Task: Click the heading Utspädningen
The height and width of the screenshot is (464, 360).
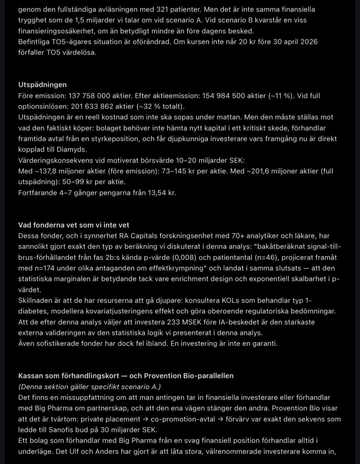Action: (42, 85)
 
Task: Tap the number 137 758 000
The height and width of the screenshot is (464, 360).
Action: (89, 96)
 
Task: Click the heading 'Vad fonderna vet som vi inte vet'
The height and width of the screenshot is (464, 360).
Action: (74, 225)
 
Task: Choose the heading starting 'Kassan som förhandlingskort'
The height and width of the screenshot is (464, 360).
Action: (126, 376)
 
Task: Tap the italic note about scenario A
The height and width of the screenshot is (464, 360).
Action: (89, 387)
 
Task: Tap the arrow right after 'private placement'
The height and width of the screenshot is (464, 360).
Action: (145, 419)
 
